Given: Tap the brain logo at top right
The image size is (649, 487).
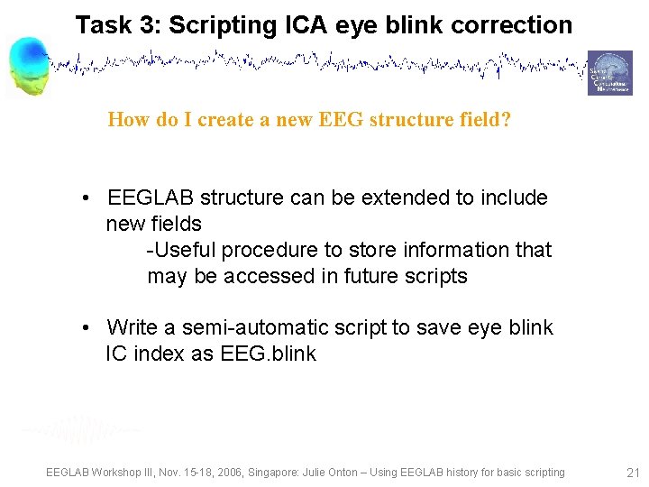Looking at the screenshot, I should point(610,72).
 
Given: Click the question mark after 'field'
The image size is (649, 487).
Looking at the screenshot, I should point(506,120).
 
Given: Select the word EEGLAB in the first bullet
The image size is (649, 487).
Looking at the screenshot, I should point(151,198).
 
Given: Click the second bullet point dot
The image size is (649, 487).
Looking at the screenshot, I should point(83,328).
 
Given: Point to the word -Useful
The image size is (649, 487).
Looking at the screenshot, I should point(178,250).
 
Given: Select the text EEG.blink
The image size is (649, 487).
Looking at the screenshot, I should point(268,354).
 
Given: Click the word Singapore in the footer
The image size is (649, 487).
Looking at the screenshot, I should point(290,473).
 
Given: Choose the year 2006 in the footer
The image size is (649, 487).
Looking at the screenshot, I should point(237,473).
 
